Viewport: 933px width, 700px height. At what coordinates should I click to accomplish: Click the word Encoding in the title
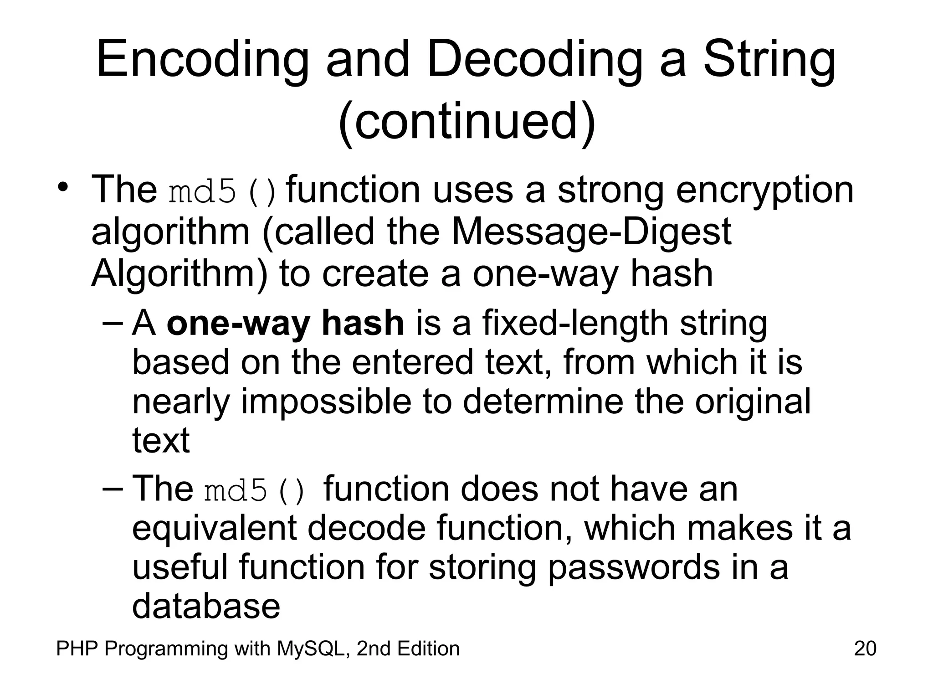[202, 60]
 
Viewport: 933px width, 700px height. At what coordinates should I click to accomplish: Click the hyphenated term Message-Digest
[591, 232]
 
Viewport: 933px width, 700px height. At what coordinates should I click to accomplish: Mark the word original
[753, 402]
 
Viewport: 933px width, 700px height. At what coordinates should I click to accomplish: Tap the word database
[206, 606]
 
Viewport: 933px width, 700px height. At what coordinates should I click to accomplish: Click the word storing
[482, 568]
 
